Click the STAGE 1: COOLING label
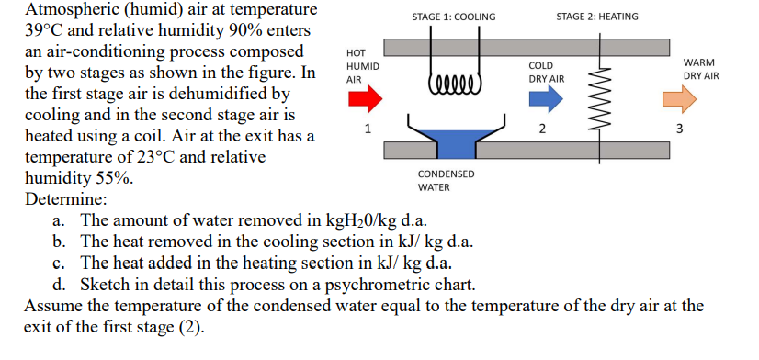[x=453, y=17]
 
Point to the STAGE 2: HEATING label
[x=597, y=17]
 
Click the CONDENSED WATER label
[x=446, y=180]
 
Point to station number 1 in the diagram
[x=368, y=128]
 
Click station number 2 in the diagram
[x=542, y=129]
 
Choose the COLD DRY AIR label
[x=545, y=73]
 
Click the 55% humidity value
[x=110, y=179]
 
